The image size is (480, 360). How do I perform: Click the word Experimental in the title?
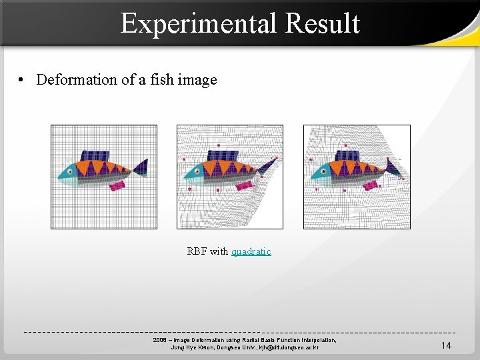coord(199,24)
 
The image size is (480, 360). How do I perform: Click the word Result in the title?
coord(322,24)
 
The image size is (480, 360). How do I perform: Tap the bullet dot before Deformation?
coord(23,80)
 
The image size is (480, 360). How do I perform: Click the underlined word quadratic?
coord(251,251)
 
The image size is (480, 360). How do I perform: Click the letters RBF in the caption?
coord(197,251)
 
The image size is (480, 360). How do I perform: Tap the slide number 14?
coord(446,345)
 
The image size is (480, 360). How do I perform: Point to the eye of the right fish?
coord(323,171)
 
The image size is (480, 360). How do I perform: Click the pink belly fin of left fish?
coord(117,185)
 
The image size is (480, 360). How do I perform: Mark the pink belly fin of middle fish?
coord(243,185)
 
